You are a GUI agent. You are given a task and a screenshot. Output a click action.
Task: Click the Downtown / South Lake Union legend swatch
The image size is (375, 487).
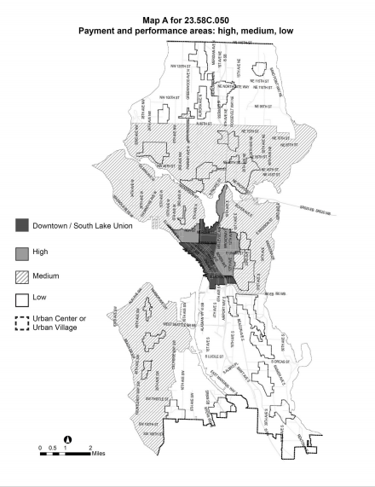(22, 225)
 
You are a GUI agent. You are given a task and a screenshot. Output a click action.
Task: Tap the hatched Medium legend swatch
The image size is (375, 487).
(22, 276)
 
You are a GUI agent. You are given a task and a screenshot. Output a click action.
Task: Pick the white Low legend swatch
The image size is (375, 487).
(22, 300)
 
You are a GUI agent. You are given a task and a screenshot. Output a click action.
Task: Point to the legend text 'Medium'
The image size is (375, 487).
(48, 276)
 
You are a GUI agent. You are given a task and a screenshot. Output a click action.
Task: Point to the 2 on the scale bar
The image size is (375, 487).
(90, 446)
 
